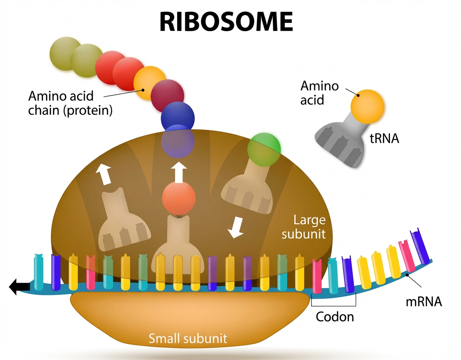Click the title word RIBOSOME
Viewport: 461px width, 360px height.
pyautogui.click(x=226, y=22)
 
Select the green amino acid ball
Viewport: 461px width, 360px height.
pyautogui.click(x=264, y=149)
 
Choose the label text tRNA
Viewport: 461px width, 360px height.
pyautogui.click(x=384, y=138)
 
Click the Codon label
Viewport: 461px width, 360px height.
pyautogui.click(x=335, y=317)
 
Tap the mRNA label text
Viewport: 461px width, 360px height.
pyautogui.click(x=424, y=302)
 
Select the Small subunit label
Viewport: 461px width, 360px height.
pyautogui.click(x=187, y=338)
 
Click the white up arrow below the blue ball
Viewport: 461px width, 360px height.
pyautogui.click(x=178, y=172)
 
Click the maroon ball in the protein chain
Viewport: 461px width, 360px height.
pyautogui.click(x=167, y=95)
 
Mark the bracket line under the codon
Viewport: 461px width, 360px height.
pyautogui.click(x=334, y=306)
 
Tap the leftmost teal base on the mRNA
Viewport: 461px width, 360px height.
pyautogui.click(x=38, y=272)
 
